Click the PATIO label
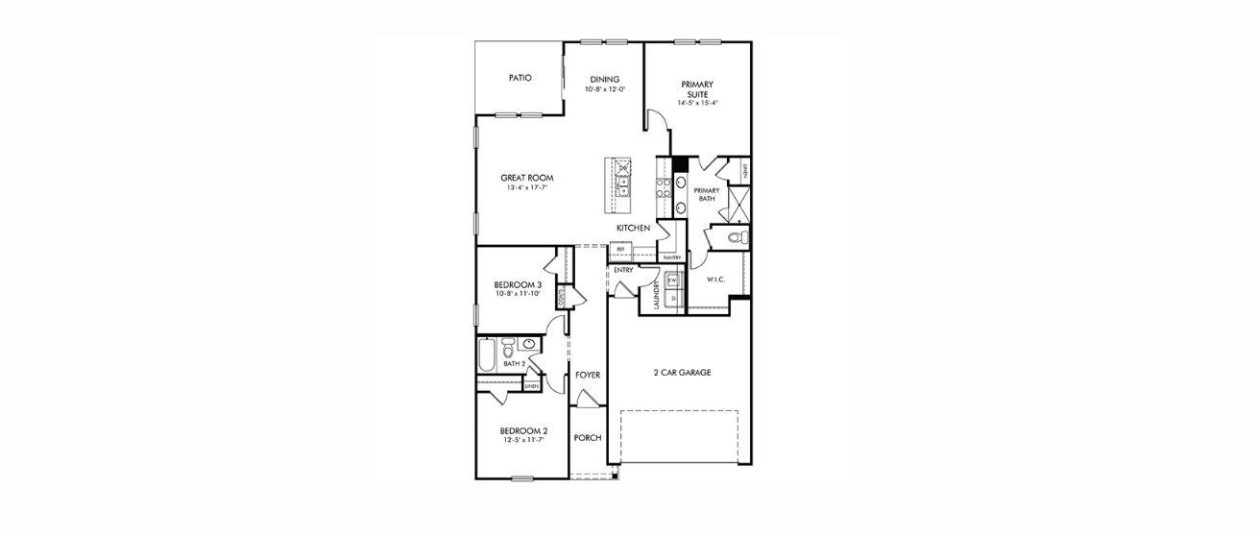pyautogui.click(x=520, y=78)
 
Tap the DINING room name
pyautogui.click(x=605, y=79)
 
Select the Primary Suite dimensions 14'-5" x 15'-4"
pyautogui.click(x=697, y=103)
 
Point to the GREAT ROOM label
pyautogui.click(x=526, y=178)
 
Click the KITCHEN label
pyautogui.click(x=634, y=228)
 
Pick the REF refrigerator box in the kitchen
pyautogui.click(x=620, y=249)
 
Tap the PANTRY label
pyautogui.click(x=671, y=257)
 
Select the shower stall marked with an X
pyautogui.click(x=738, y=204)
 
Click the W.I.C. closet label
pyautogui.click(x=714, y=280)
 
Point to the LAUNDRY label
pyautogui.click(x=657, y=294)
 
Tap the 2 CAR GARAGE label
pyautogui.click(x=681, y=372)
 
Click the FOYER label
pyautogui.click(x=588, y=375)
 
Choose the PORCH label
pyautogui.click(x=588, y=438)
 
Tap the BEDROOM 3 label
pyautogui.click(x=519, y=284)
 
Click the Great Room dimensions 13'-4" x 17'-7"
pyautogui.click(x=526, y=188)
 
